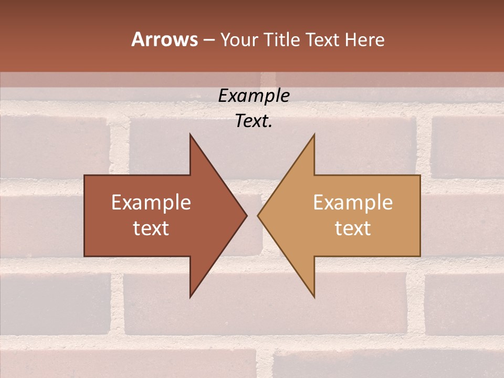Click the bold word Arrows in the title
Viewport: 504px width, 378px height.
point(164,39)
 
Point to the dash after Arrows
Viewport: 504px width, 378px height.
point(208,40)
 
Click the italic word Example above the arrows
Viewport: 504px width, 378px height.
point(254,96)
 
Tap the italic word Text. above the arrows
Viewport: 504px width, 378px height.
point(254,121)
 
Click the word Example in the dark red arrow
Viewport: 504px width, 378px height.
point(151,203)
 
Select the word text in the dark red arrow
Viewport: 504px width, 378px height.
point(151,228)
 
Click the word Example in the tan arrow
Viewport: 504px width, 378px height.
point(353,203)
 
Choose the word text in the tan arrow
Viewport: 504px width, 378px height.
point(353,228)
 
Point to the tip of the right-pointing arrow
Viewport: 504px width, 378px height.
point(246,215)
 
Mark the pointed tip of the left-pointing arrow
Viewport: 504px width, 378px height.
point(258,215)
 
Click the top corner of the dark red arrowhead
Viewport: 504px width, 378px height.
point(190,135)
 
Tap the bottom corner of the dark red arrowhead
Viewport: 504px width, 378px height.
point(190,297)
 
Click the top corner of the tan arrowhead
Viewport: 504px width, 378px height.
point(314,135)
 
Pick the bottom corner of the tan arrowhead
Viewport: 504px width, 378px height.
point(314,297)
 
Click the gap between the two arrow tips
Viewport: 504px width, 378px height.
point(252,215)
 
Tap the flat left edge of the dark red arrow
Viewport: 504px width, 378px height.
point(85,215)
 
